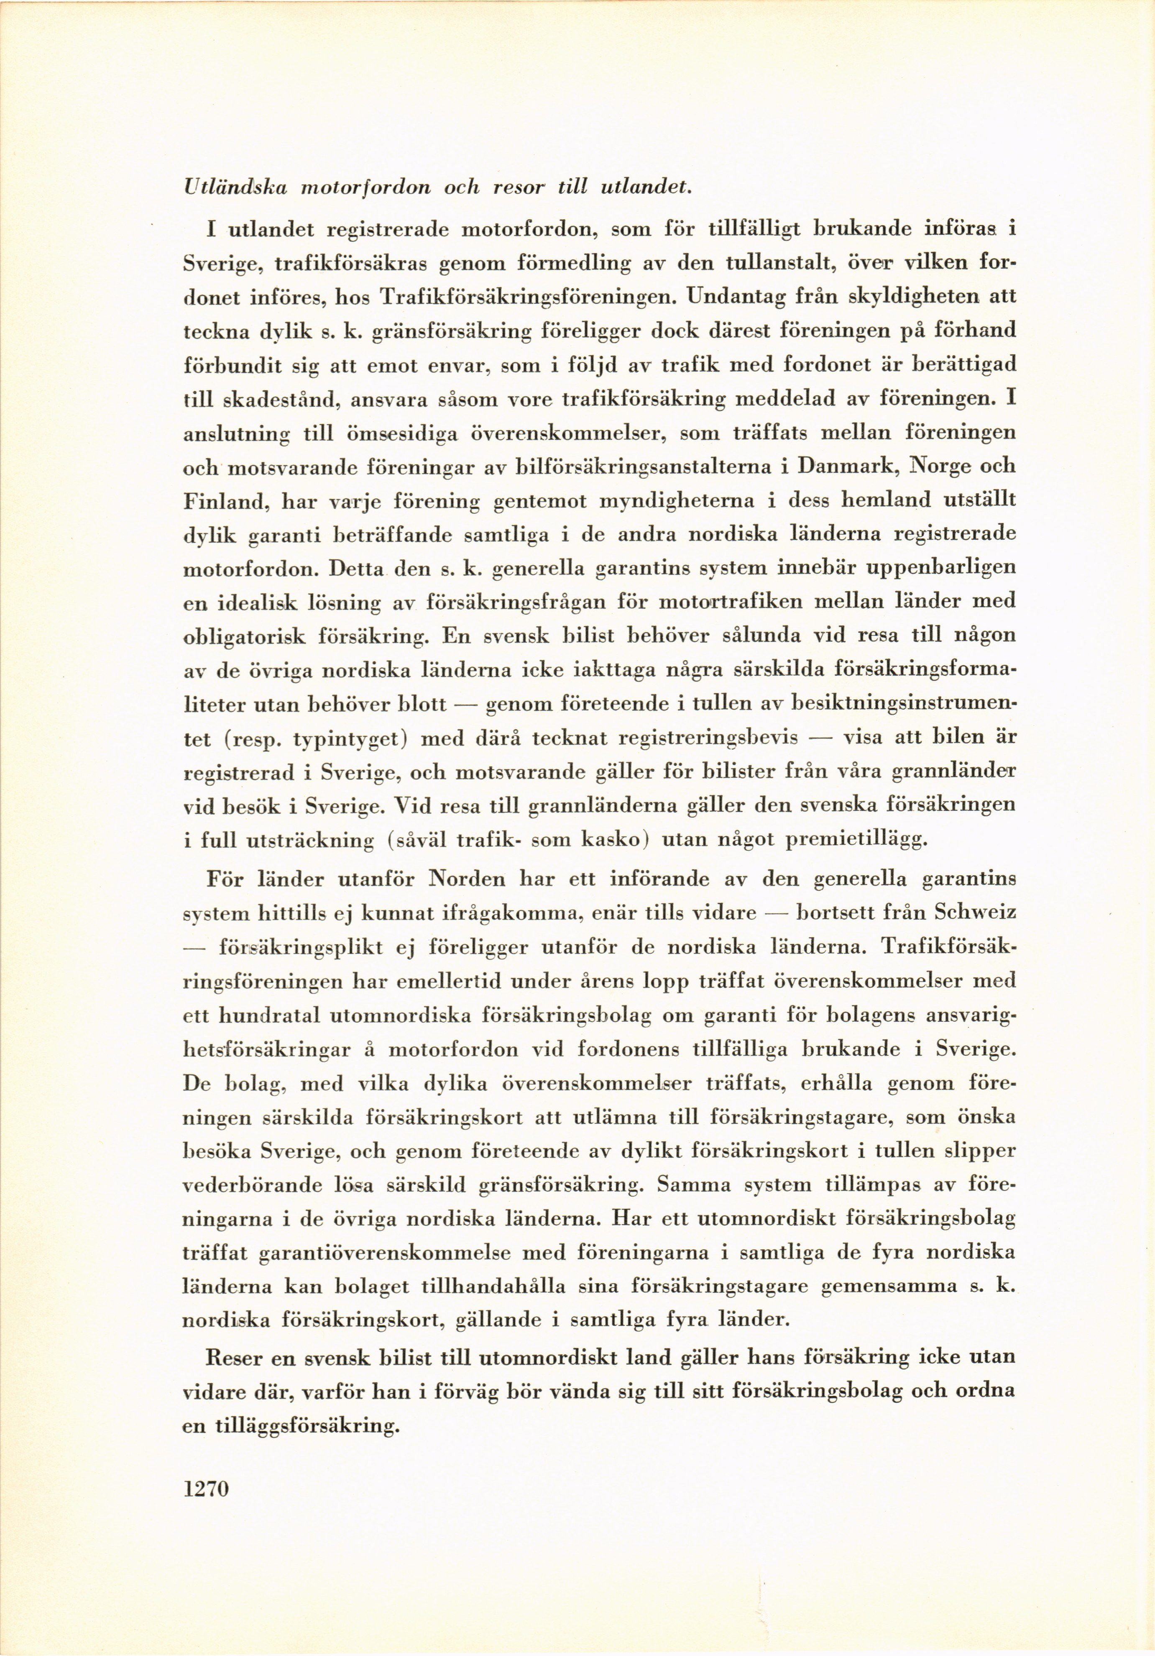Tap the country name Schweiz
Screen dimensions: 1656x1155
coord(975,913)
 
